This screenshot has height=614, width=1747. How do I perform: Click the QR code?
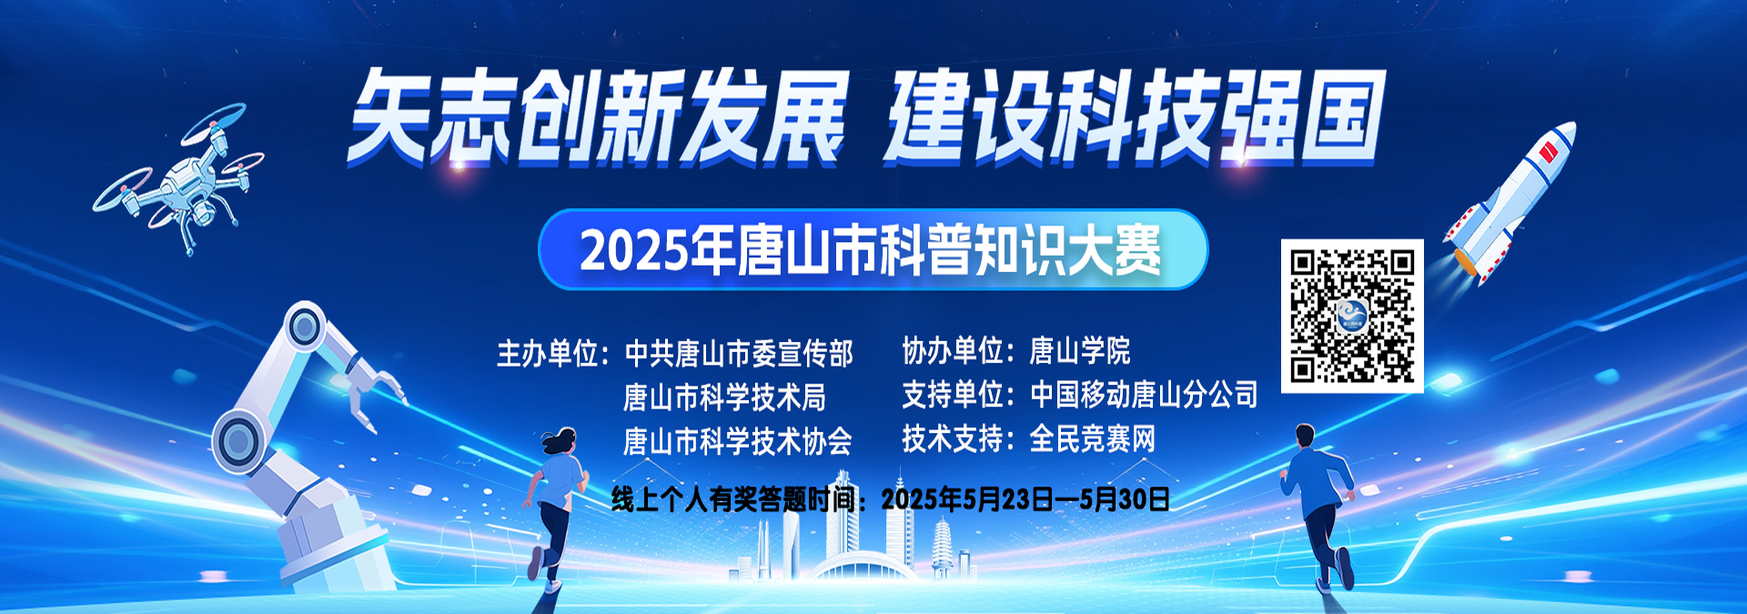click(x=1352, y=316)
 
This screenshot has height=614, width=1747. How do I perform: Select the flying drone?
click(x=179, y=179)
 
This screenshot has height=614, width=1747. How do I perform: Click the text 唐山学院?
click(x=1080, y=350)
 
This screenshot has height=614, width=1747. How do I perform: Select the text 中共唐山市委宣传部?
click(x=739, y=353)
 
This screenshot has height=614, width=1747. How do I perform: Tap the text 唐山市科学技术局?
click(x=725, y=398)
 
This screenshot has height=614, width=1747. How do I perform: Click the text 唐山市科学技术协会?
click(x=738, y=442)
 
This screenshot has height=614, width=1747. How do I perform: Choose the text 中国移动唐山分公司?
click(x=1144, y=394)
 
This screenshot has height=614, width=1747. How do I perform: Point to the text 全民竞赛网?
click(x=1093, y=439)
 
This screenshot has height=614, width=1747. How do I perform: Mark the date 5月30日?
click(x=1125, y=499)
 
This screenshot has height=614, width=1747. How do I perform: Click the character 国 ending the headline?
click(x=1342, y=118)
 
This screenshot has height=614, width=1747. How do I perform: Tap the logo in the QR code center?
click(x=1352, y=317)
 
